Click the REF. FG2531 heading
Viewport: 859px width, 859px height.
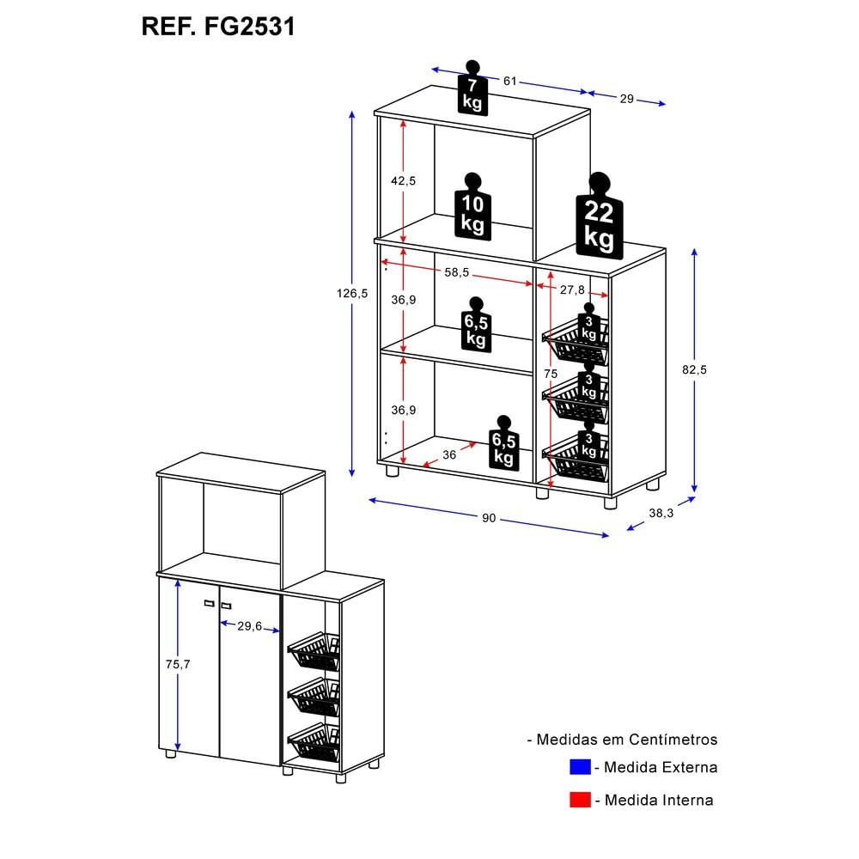(218, 27)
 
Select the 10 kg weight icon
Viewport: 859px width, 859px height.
(472, 209)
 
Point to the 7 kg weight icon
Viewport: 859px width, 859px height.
(472, 90)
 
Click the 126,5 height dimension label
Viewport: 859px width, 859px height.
(353, 293)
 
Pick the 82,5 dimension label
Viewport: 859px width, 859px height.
(694, 369)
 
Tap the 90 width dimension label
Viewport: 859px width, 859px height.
(489, 518)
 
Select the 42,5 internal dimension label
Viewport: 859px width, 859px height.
(403, 180)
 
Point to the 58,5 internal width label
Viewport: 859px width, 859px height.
(456, 272)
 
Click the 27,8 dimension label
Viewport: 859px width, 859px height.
(572, 290)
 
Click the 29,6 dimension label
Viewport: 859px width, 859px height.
(249, 626)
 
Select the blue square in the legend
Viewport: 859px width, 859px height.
(580, 767)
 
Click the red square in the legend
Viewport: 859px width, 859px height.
(580, 800)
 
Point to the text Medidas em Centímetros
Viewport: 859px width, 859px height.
(622, 739)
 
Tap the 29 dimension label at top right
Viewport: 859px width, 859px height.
(626, 99)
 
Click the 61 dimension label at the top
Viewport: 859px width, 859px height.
(510, 81)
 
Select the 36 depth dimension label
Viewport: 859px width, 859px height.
(448, 454)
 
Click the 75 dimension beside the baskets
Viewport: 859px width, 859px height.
(550, 374)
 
